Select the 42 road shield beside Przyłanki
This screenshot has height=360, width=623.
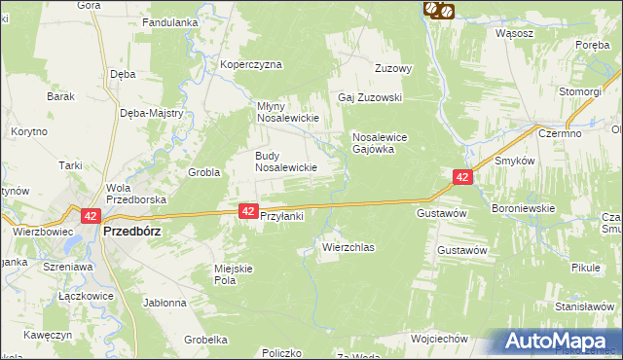[248, 211]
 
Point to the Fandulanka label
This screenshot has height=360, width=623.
[170, 21]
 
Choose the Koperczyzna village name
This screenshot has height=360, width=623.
[250, 65]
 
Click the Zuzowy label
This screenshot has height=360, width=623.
[395, 69]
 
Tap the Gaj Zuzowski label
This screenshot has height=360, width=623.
[370, 98]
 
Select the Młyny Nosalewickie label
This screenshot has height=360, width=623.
[288, 111]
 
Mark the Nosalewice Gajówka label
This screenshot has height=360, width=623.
[385, 144]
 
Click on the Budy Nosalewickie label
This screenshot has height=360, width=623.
[286, 162]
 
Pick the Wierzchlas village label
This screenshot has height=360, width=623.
[348, 248]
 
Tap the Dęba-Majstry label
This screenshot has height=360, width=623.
[152, 113]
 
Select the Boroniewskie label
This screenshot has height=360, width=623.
[523, 208]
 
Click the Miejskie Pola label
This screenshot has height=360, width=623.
[233, 273]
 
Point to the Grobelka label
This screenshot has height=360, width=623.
[204, 340]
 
